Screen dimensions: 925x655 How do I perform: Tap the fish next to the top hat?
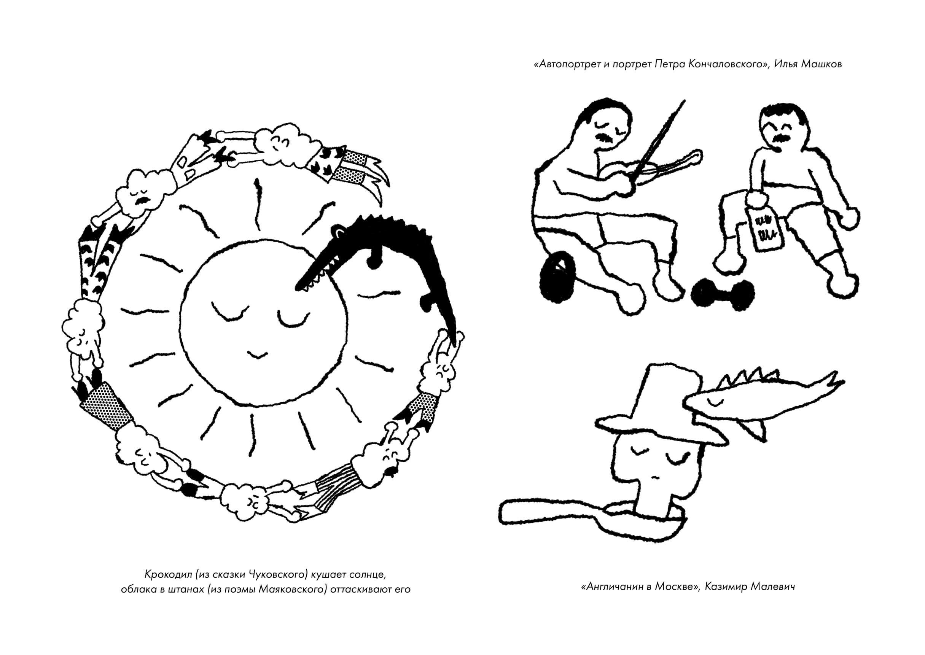(x=758, y=399)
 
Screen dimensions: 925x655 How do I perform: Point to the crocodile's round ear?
(x=338, y=232)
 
